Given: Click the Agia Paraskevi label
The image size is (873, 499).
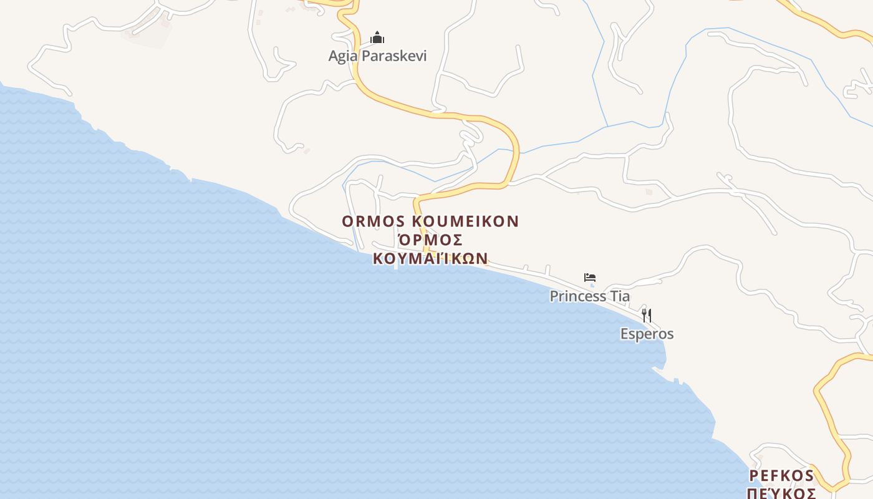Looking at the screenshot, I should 377,56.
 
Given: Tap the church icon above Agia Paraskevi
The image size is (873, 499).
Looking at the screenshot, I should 377,38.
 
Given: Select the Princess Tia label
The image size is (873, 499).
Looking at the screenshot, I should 589,296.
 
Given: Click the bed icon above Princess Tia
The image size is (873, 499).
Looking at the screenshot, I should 590,278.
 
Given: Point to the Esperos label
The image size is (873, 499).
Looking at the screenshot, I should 647,334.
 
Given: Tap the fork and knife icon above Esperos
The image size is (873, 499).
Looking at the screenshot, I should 647,316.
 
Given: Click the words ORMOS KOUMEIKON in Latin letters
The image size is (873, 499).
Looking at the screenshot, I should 430,221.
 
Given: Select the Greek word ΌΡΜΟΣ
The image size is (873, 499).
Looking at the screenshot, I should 430,240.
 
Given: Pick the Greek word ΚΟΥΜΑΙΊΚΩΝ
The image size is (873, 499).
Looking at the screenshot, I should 430,258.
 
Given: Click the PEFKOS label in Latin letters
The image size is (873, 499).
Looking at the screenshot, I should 781,477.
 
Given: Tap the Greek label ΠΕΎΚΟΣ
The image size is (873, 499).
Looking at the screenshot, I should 781,493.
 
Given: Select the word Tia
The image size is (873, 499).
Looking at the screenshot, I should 619,296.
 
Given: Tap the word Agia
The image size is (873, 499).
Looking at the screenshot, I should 344,56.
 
